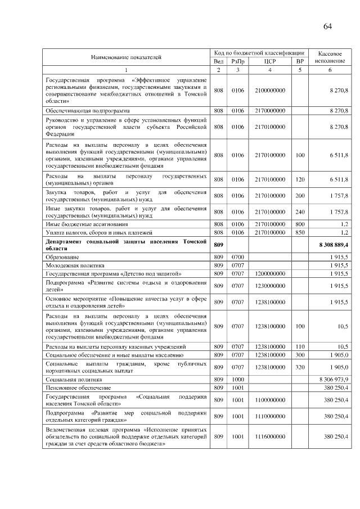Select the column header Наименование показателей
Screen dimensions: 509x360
tap(126, 57)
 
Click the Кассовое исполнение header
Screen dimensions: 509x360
tap(330, 56)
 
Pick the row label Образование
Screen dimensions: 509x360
tap(62, 256)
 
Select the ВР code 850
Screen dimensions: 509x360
tap(300, 232)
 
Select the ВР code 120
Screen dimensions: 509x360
tap(300, 179)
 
